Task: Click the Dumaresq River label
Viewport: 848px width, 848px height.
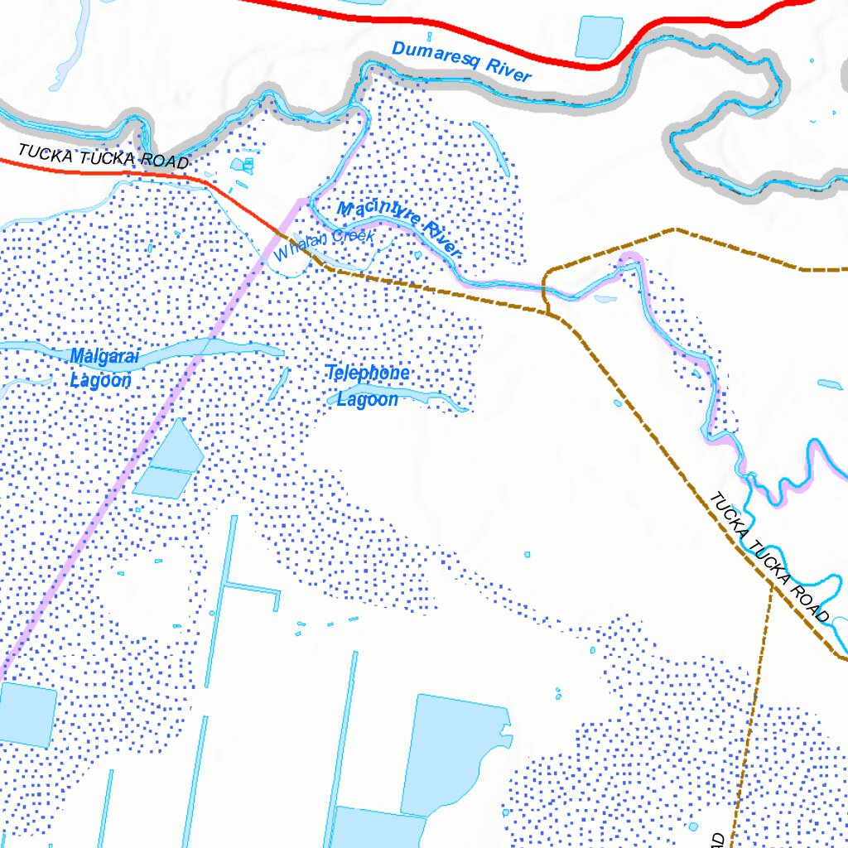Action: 460,61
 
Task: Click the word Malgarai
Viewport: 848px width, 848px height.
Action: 104,357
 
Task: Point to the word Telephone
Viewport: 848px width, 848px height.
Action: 367,373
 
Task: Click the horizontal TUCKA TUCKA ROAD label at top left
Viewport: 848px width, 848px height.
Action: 103,156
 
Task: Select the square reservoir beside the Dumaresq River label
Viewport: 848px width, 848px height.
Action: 599,37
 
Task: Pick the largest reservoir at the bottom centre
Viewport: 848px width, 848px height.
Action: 451,754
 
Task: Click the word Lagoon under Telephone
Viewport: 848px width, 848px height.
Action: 367,399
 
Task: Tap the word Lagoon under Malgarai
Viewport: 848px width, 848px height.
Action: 100,381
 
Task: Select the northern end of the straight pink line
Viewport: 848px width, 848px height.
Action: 301,200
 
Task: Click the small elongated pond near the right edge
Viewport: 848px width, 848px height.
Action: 829,384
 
